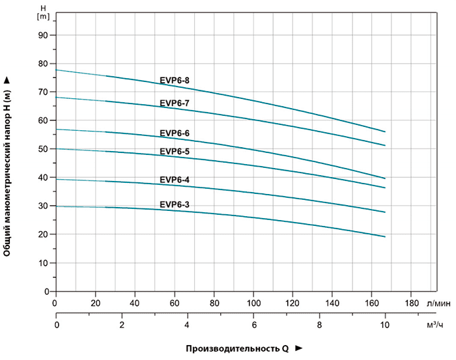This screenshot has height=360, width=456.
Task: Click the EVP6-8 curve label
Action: point(175,81)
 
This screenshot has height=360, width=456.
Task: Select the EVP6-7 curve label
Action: point(175,103)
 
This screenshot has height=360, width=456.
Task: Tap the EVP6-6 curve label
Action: point(175,133)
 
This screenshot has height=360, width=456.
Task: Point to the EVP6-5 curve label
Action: point(175,152)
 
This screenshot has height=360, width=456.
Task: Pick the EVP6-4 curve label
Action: point(175,179)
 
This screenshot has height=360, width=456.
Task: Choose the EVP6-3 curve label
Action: point(175,204)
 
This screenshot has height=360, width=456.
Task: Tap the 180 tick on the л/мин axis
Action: point(412,303)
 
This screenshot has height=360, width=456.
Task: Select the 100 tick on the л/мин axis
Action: point(254,303)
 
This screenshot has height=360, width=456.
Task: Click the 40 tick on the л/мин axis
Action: point(135,303)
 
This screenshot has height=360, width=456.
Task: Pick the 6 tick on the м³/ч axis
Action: point(253,325)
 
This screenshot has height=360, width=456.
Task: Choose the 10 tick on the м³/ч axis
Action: point(384,325)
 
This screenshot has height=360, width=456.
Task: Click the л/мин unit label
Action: point(438,303)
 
